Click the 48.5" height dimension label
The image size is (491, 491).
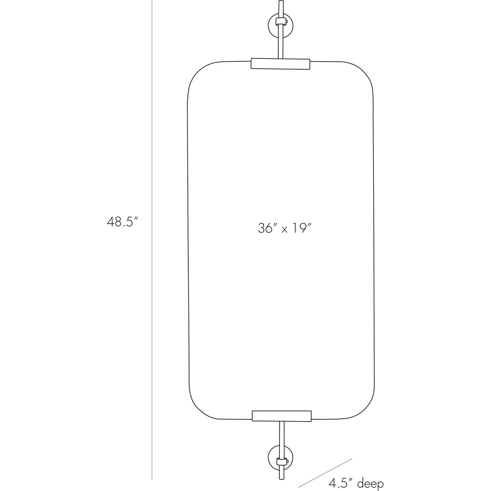[x=121, y=222]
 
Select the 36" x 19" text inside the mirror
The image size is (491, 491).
[x=283, y=228]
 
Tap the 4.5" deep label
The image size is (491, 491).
[x=356, y=483]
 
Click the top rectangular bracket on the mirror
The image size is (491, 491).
[x=280, y=64]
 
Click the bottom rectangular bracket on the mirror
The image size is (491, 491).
[x=282, y=416]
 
